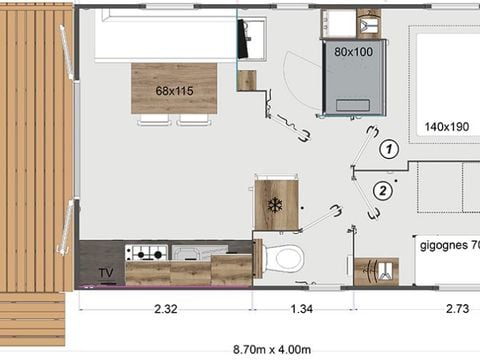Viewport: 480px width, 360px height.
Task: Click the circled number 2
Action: [381, 190]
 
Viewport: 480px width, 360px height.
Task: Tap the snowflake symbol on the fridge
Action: [275, 204]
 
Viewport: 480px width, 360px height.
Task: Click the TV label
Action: [105, 272]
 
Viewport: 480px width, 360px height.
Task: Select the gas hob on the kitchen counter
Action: [146, 252]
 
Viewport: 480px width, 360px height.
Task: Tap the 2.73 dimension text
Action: [454, 310]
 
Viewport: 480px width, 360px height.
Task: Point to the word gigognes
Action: [440, 243]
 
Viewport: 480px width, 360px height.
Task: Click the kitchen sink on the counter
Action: [188, 252]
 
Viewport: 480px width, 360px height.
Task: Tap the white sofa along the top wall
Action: [165, 38]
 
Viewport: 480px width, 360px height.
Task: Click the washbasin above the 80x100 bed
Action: [346, 23]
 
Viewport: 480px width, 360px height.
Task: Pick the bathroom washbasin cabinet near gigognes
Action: [376, 270]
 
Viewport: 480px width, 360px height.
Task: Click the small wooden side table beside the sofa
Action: [246, 80]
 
